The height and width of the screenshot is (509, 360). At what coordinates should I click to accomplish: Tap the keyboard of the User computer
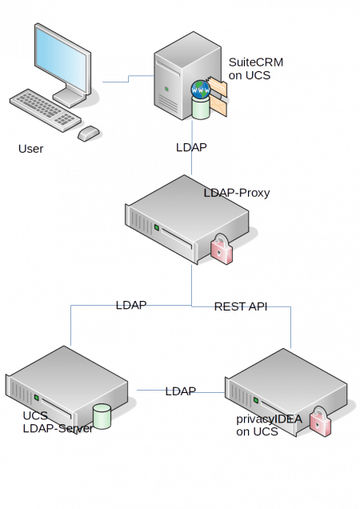(48, 110)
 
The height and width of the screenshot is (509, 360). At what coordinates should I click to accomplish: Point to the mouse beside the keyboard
(89, 133)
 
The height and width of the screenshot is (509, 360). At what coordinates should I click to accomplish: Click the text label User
(32, 149)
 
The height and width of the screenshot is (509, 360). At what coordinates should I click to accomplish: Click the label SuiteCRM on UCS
(254, 68)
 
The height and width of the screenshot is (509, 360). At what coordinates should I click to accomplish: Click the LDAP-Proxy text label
(237, 194)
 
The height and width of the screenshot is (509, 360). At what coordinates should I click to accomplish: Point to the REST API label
(239, 307)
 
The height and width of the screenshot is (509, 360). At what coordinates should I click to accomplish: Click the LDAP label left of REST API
(133, 306)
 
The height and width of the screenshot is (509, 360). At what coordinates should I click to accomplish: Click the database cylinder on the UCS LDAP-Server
(102, 415)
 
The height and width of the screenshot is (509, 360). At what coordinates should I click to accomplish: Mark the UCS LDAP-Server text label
(56, 423)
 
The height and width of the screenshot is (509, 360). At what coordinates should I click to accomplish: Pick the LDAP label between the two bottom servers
(181, 391)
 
